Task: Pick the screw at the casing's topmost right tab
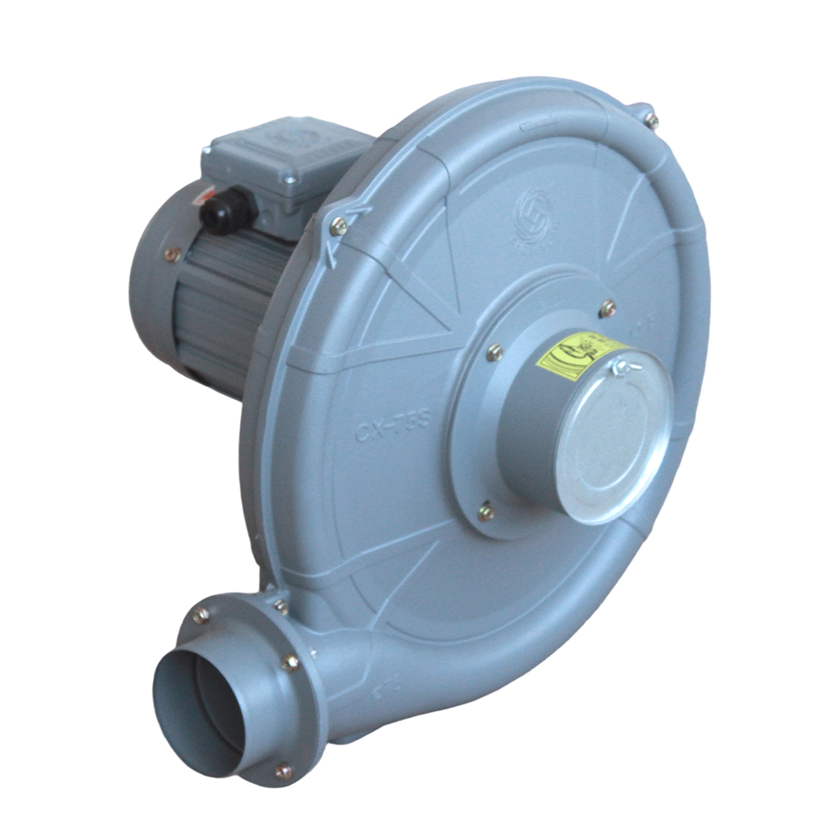[x=652, y=120]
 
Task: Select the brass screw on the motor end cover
[x=172, y=254]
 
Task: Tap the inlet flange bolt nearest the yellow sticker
[x=607, y=309]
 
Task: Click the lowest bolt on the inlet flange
[x=486, y=513]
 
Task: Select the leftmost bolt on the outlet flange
[x=200, y=614]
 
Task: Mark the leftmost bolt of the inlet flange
[x=494, y=353]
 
